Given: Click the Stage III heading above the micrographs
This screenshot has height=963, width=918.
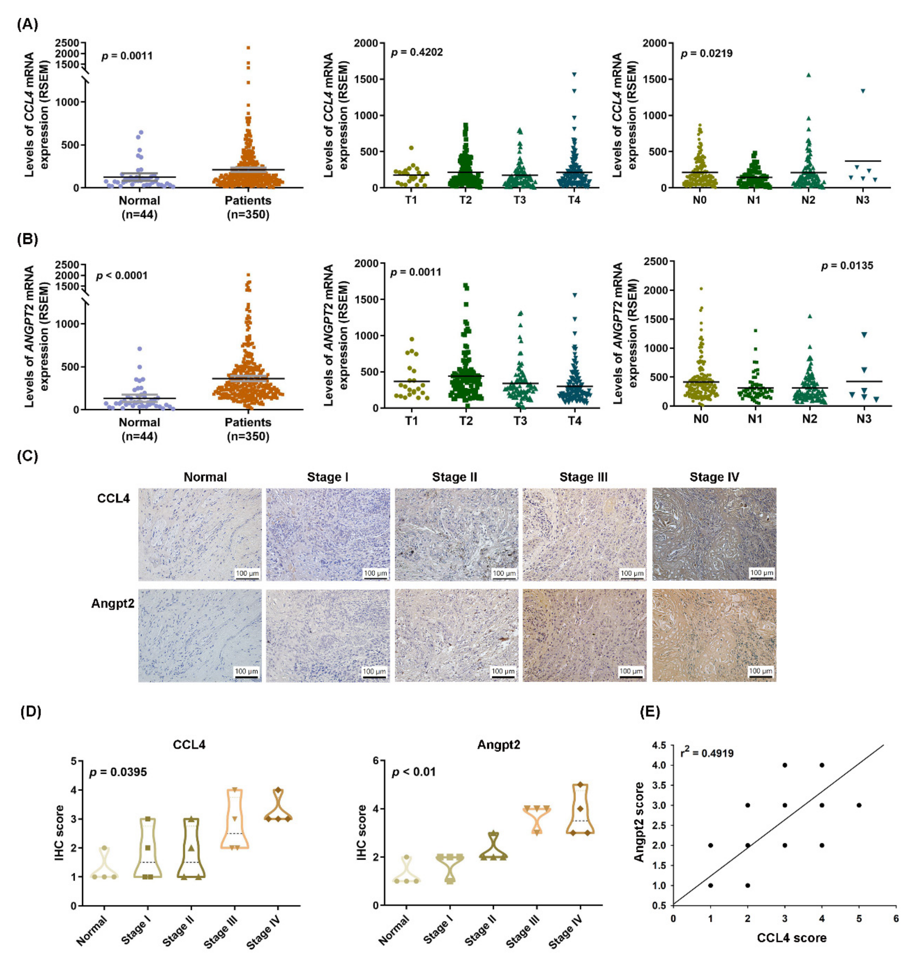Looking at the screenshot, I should (583, 477).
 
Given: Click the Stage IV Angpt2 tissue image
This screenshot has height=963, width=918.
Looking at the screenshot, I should (714, 635).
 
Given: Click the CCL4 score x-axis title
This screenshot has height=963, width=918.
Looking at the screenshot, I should (791, 937).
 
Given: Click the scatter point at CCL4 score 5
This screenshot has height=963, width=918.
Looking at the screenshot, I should (859, 805).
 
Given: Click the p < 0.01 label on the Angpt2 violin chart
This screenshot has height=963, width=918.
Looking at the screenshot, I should (413, 772).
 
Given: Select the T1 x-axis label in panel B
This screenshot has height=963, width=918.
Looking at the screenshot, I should (411, 421).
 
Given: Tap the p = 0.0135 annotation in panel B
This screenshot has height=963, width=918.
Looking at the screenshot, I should (847, 266).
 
